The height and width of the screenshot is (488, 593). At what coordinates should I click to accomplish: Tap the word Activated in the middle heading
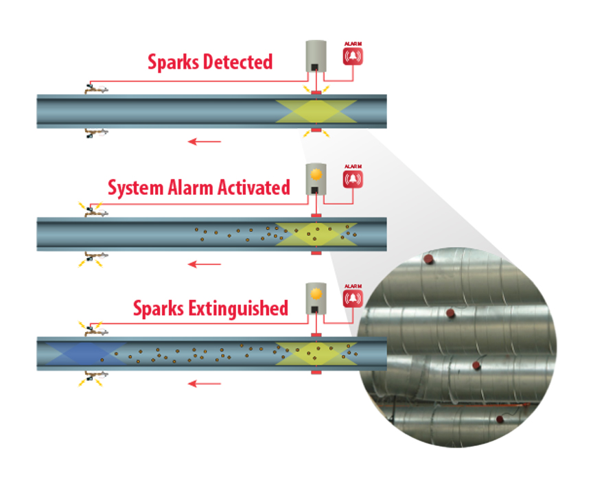256,187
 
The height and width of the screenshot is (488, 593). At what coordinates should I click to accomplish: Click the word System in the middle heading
137,187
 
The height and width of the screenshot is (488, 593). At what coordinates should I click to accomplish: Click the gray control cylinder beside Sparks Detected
316,56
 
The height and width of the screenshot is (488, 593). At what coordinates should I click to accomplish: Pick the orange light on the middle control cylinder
316,174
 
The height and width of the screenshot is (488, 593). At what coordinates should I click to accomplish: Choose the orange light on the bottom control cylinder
316,294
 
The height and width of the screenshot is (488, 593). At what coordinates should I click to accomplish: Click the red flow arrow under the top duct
205,142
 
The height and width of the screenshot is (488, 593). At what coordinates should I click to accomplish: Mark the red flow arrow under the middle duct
205,264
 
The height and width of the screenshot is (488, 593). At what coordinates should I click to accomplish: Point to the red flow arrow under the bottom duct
205,383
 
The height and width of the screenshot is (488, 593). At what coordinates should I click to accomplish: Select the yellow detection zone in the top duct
316,111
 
